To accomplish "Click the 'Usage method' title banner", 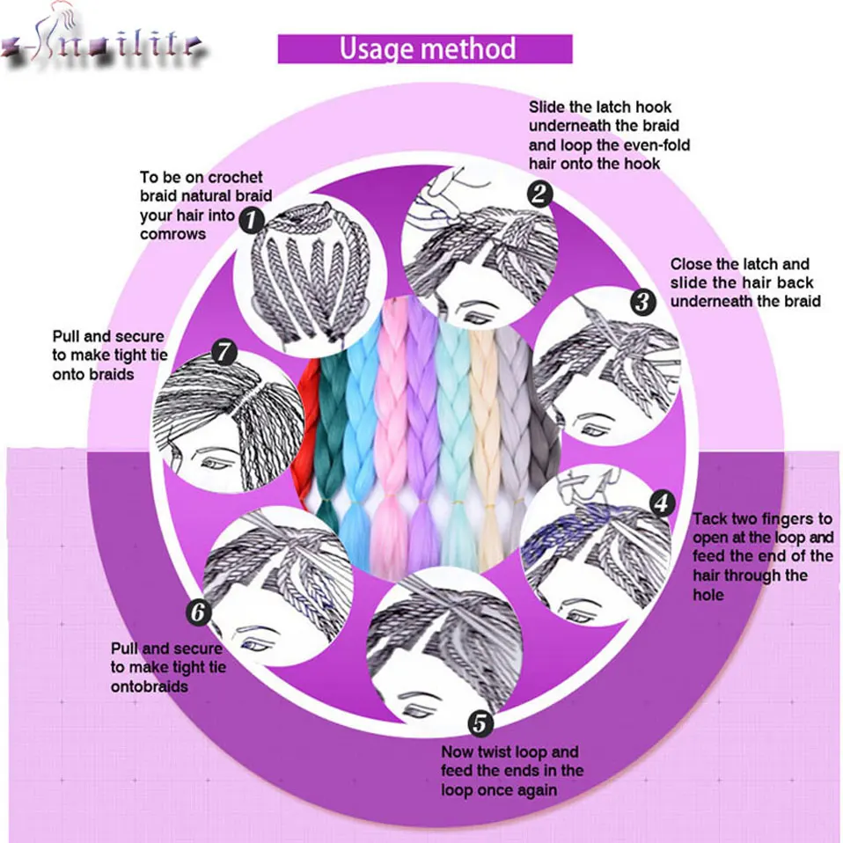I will pyautogui.click(x=425, y=48).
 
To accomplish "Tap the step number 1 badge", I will pyautogui.click(x=253, y=219).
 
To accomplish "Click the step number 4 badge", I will pyautogui.click(x=662, y=503).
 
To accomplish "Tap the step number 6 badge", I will pyautogui.click(x=199, y=610).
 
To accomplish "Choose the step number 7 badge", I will pyautogui.click(x=224, y=353).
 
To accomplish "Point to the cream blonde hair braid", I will pyautogui.click(x=484, y=422).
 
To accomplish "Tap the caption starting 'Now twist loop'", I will pyautogui.click(x=511, y=770).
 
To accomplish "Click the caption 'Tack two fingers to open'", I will pyautogui.click(x=761, y=556).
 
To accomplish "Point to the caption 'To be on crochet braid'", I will pyautogui.click(x=205, y=205).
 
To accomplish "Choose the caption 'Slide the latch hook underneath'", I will pyautogui.click(x=609, y=136).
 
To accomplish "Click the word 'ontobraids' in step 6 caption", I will pyautogui.click(x=150, y=685).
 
